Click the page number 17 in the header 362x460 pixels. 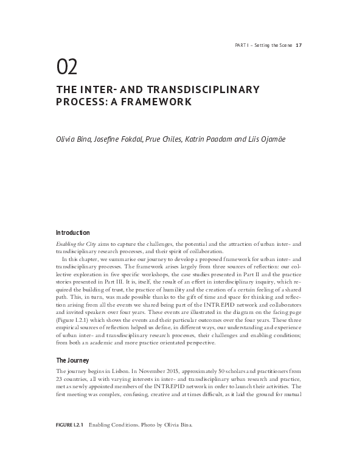tap(299, 45)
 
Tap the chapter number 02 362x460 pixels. tap(66, 65)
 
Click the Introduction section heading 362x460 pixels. tap(72, 232)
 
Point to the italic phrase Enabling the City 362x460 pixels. tap(75, 243)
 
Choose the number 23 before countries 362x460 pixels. tap(60, 378)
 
